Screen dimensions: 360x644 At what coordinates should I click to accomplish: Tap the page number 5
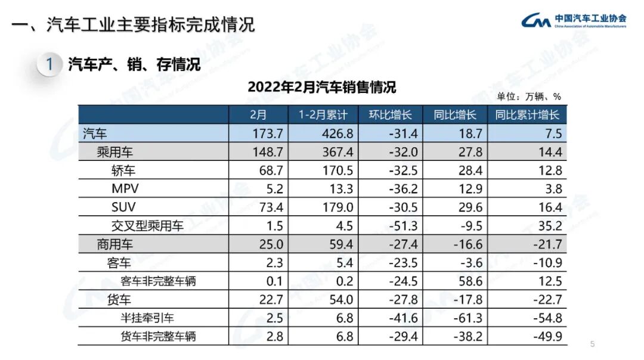click(x=592, y=344)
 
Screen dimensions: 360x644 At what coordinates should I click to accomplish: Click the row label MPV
click(x=125, y=189)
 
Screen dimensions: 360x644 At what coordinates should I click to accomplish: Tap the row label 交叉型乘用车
click(x=147, y=226)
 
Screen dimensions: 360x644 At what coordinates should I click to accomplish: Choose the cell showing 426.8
click(x=338, y=134)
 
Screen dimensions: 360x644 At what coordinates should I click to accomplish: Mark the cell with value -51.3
click(x=401, y=226)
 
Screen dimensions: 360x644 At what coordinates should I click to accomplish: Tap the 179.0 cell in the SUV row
click(x=338, y=207)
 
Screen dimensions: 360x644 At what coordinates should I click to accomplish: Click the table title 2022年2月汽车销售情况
click(x=321, y=87)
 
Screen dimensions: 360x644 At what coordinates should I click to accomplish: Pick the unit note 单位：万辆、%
click(x=529, y=97)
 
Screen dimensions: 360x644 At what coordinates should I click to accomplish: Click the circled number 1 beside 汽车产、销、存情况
click(x=50, y=64)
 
